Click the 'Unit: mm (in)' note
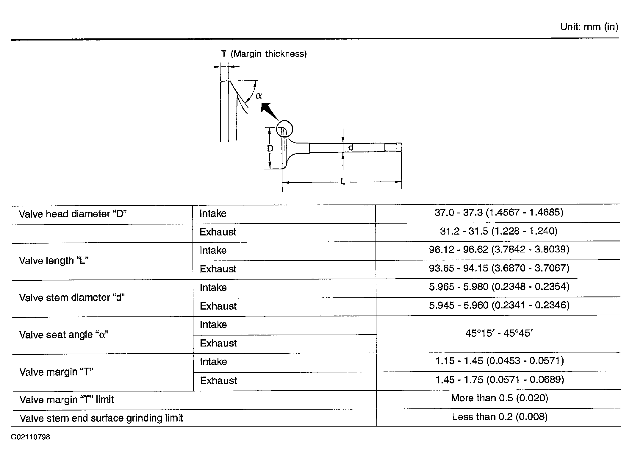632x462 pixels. [589, 27]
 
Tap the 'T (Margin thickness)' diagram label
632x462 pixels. [264, 54]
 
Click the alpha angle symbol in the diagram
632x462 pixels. [259, 96]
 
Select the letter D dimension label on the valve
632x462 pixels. [270, 148]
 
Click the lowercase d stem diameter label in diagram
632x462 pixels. [351, 147]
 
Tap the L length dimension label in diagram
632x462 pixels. [343, 181]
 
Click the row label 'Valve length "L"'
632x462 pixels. [54, 261]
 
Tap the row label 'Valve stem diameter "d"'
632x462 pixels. [72, 298]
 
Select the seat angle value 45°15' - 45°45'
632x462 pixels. [499, 333]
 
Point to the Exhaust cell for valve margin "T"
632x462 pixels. [218, 380]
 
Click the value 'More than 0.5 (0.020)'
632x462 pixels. [500, 398]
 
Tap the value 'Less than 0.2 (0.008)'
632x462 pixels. [500, 417]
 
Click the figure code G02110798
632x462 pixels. [30, 437]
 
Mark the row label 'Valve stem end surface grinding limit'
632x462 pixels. [101, 418]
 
